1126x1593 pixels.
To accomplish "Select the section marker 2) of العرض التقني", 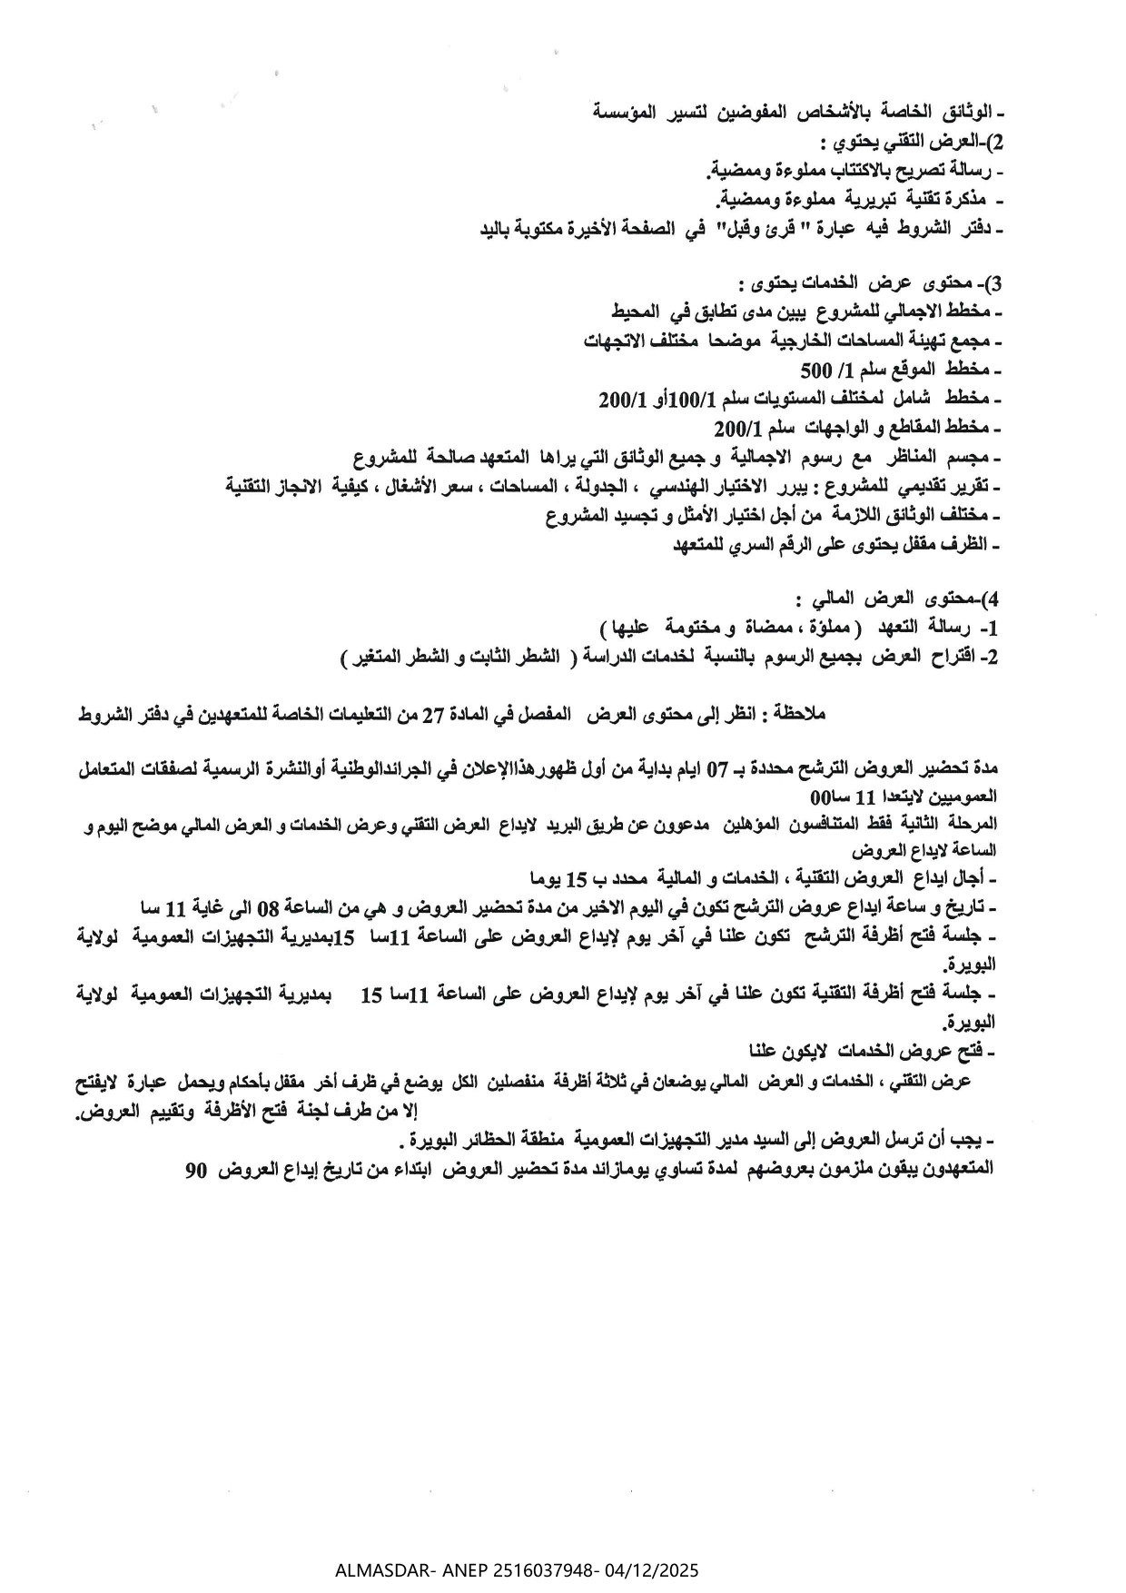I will pos(993,143).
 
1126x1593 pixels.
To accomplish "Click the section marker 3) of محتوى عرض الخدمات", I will pos(993,283).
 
